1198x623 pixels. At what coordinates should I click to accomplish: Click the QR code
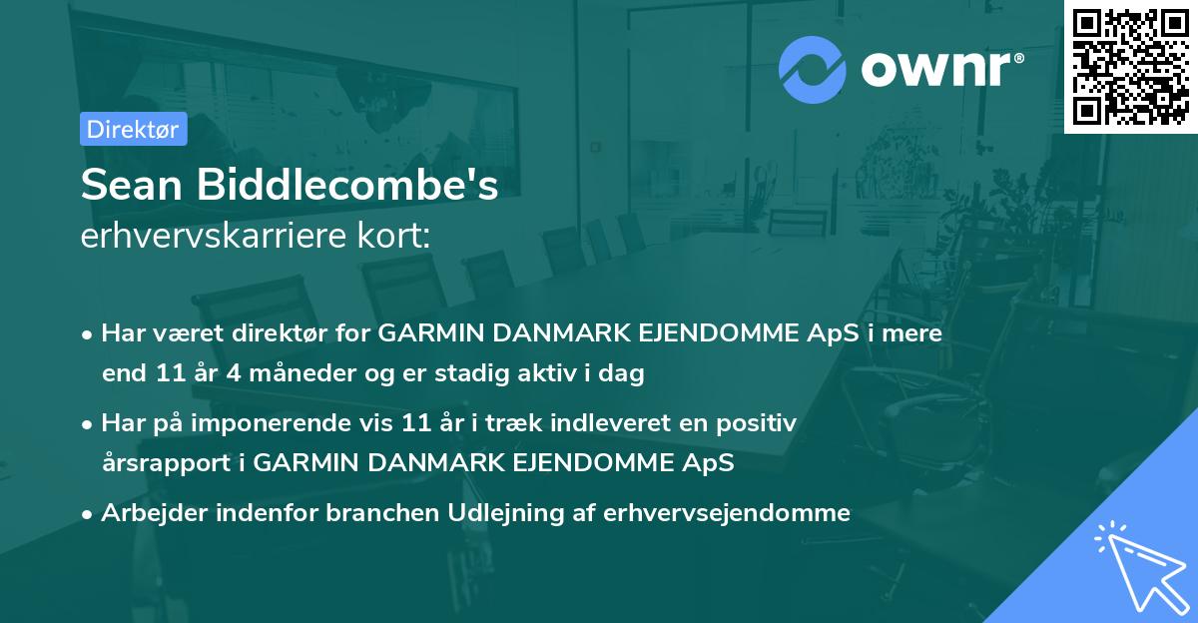(x=1130, y=66)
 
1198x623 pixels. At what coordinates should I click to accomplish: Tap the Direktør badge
(x=133, y=129)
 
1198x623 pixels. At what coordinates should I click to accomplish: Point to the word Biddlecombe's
(x=350, y=187)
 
